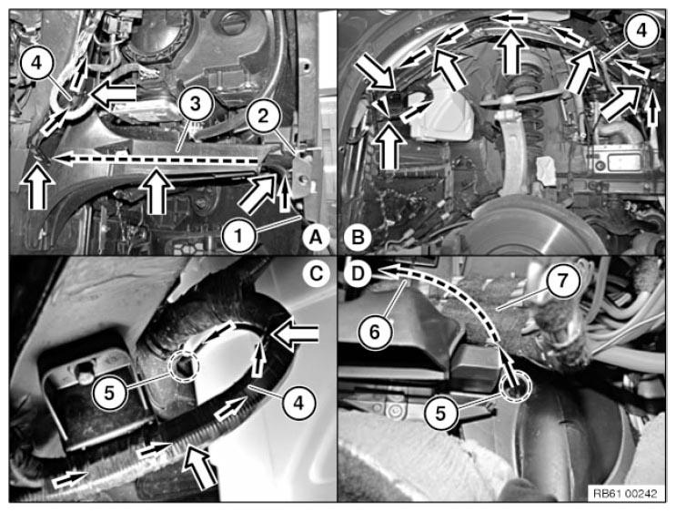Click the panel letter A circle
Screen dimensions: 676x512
tap(316, 237)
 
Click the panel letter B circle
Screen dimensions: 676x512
tap(358, 237)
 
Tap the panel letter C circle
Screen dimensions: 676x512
tap(316, 273)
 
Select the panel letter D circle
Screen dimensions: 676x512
tap(358, 273)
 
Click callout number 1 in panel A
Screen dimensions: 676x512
tap(239, 235)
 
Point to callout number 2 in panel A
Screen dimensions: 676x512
tap(263, 116)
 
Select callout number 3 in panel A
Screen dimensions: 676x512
tap(196, 104)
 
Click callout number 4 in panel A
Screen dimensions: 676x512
tap(36, 63)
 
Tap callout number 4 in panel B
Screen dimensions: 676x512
tap(642, 31)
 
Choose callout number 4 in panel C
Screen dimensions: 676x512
tap(298, 403)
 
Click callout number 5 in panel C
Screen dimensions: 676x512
tap(109, 393)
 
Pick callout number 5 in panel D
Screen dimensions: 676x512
tap(440, 413)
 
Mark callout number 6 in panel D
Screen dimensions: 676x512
tap(375, 332)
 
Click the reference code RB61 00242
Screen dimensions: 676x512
tap(625, 493)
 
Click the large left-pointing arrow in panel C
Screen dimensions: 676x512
tap(295, 335)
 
